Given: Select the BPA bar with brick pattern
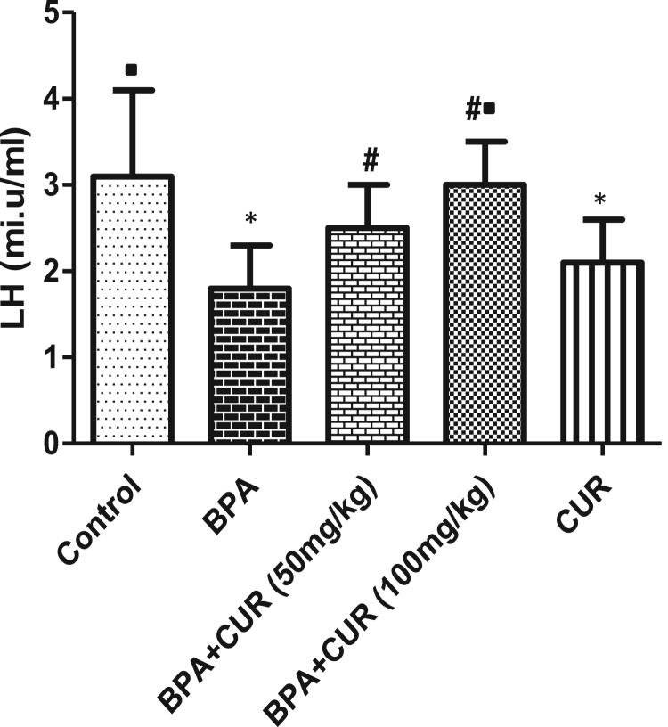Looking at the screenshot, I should (250, 364).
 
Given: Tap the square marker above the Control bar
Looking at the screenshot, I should (132, 69).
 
